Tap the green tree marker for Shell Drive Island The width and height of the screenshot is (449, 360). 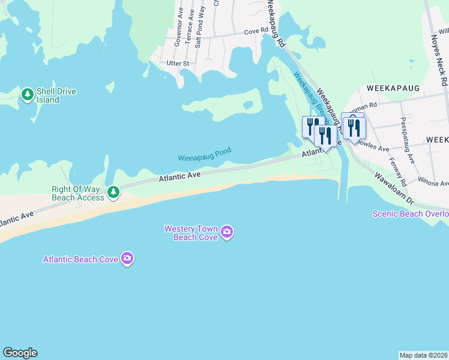pyautogui.click(x=27, y=95)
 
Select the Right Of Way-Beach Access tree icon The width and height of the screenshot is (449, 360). pyautogui.click(x=113, y=193)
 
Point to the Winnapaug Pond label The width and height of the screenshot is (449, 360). pyautogui.click(x=204, y=155)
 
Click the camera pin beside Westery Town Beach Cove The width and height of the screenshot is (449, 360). pyautogui.click(x=226, y=232)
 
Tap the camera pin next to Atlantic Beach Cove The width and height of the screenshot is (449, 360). pyautogui.click(x=127, y=259)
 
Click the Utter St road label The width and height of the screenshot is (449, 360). pyautogui.click(x=178, y=63)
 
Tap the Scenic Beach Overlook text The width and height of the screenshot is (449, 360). pyautogui.click(x=411, y=214)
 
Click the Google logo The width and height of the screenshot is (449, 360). pyautogui.click(x=20, y=353)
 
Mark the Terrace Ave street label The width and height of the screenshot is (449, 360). pyautogui.click(x=190, y=23)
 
